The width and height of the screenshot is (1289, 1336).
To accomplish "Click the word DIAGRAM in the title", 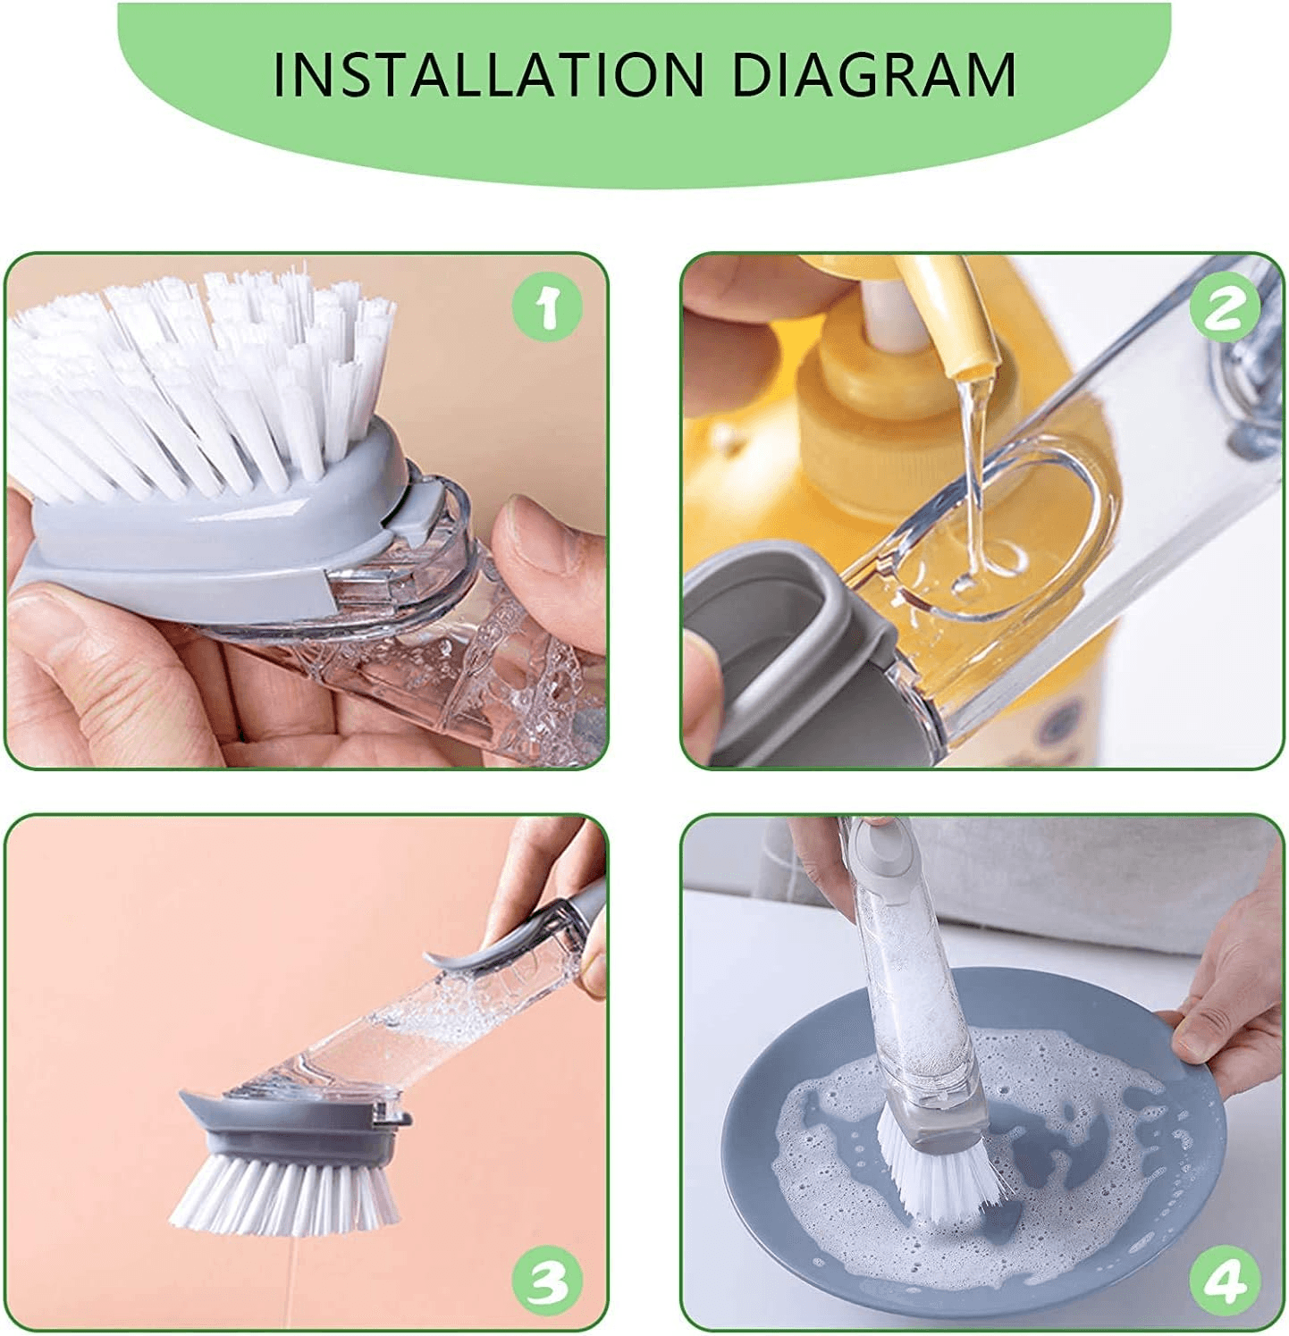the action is [x=874, y=74].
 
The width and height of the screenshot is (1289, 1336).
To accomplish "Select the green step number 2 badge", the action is [x=1225, y=308].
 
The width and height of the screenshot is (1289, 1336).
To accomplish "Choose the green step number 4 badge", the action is [x=1224, y=1281].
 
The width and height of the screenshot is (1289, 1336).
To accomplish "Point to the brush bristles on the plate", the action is [x=939, y=1162].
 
